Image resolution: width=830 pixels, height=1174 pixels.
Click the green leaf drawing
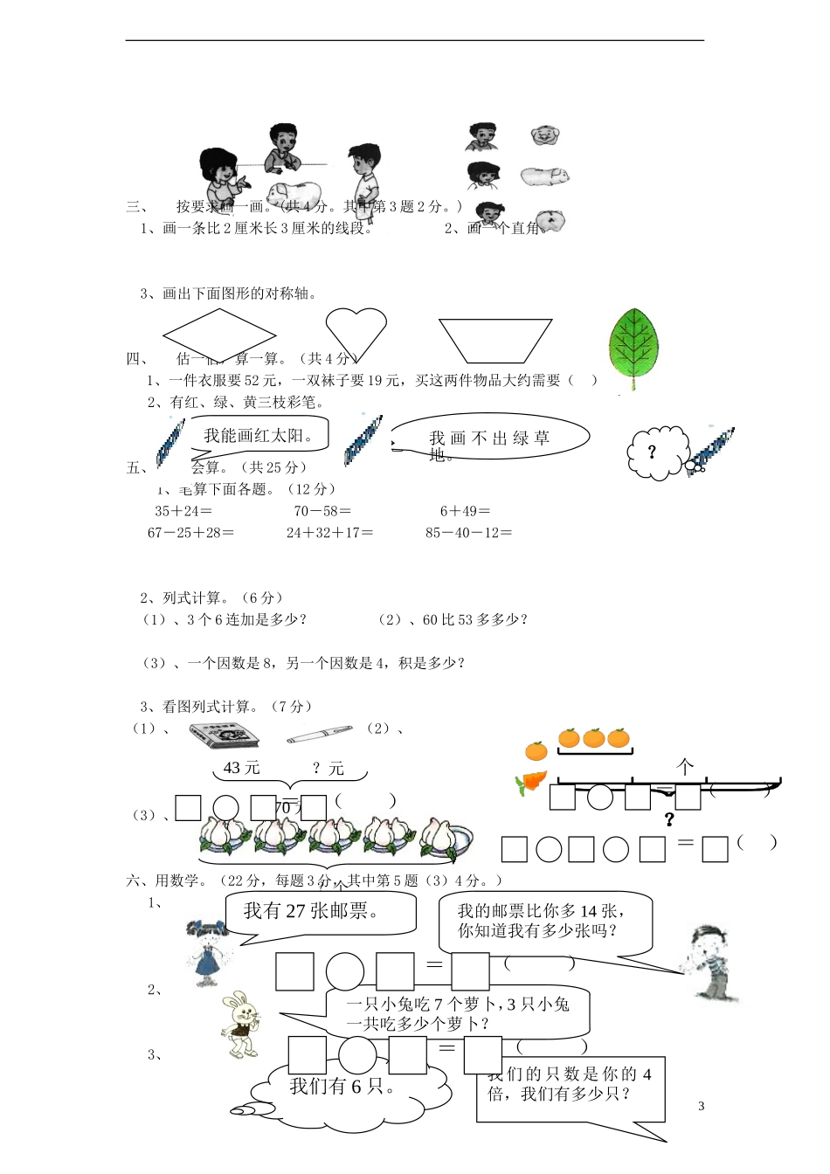point(634,346)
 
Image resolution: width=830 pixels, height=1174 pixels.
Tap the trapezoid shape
point(495,340)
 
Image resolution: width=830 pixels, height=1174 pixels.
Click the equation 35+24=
point(183,511)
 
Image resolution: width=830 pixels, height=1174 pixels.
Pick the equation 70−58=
point(322,511)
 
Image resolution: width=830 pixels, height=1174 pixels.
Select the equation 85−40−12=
point(468,533)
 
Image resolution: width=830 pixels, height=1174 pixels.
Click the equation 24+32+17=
point(329,533)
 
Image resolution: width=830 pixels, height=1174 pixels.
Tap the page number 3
point(702,1106)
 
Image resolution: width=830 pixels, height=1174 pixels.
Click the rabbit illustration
point(240,1024)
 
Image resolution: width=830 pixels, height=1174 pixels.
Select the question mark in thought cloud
point(651,452)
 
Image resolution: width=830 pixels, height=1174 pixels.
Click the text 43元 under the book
point(242,768)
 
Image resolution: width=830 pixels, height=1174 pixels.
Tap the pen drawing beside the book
point(319,735)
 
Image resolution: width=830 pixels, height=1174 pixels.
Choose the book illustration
point(224,735)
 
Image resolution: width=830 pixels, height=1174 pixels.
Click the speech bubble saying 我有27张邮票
point(319,912)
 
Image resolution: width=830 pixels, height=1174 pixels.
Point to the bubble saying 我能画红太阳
point(259,435)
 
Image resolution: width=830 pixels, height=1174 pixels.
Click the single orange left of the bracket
point(536,750)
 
